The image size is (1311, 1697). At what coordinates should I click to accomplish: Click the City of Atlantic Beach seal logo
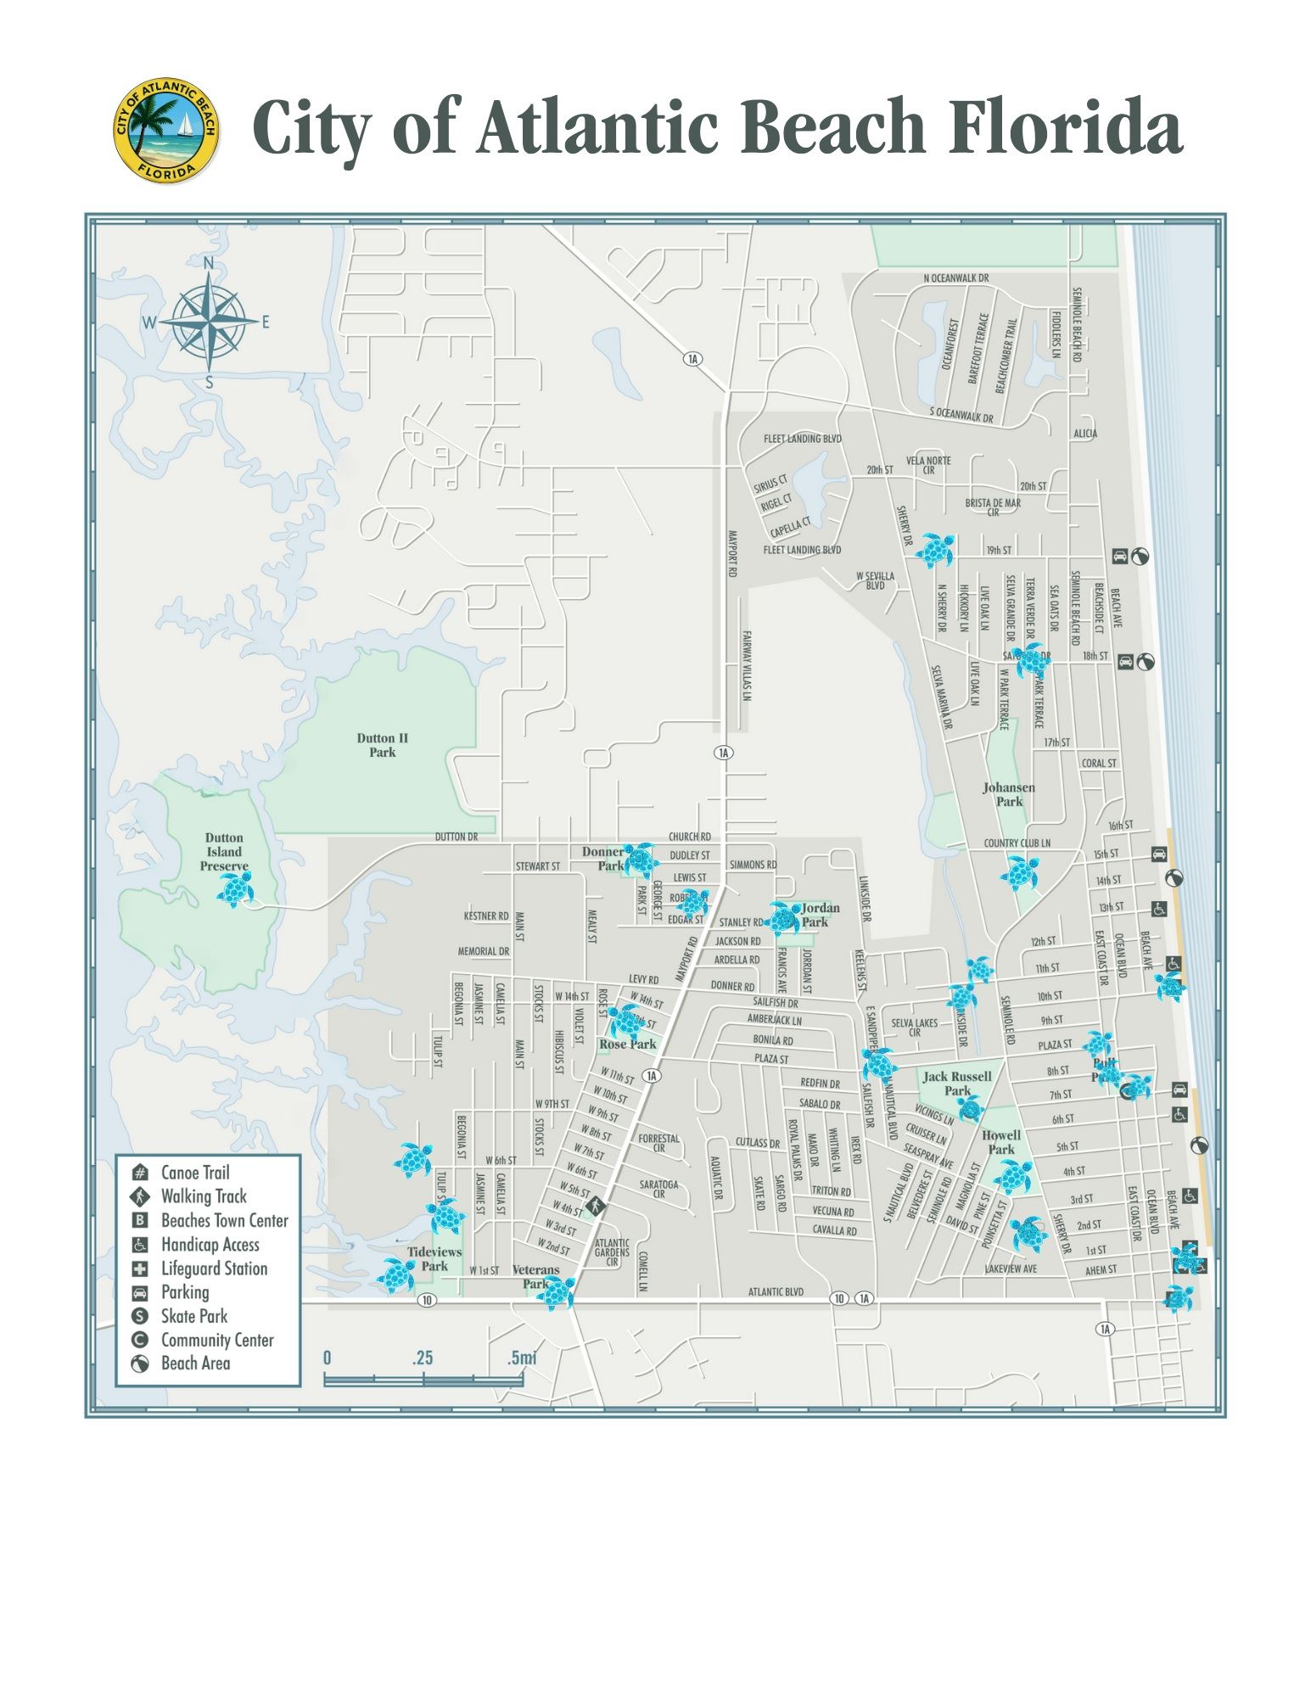pyautogui.click(x=166, y=132)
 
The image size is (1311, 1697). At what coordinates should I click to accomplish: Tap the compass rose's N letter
pyautogui.click(x=210, y=264)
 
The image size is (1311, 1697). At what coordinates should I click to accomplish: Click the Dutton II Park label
pyautogui.click(x=382, y=745)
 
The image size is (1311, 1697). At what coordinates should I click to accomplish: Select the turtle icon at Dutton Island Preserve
pyautogui.click(x=235, y=890)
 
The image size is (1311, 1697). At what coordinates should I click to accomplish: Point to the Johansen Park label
pyautogui.click(x=1009, y=794)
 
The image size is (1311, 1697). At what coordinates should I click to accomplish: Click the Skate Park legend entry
pyautogui.click(x=194, y=1316)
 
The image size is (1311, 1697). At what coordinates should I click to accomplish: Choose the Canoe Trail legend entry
pyautogui.click(x=195, y=1173)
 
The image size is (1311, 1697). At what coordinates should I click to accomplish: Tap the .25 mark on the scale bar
pyautogui.click(x=423, y=1358)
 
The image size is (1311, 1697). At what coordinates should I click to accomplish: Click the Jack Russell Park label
pyautogui.click(x=957, y=1084)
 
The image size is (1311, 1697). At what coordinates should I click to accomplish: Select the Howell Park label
pyautogui.click(x=1001, y=1142)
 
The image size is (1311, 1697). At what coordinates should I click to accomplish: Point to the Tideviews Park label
pyautogui.click(x=434, y=1258)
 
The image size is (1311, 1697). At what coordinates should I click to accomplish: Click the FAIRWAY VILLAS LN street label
pyautogui.click(x=748, y=665)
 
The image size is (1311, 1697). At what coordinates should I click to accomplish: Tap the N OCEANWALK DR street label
pyautogui.click(x=956, y=277)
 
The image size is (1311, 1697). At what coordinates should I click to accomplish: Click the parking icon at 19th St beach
pyautogui.click(x=1120, y=557)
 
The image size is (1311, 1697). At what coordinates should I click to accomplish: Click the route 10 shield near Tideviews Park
pyautogui.click(x=427, y=1301)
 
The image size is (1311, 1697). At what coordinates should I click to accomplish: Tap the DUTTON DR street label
pyautogui.click(x=456, y=837)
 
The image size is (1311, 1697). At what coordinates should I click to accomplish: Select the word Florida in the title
pyautogui.click(x=1065, y=127)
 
